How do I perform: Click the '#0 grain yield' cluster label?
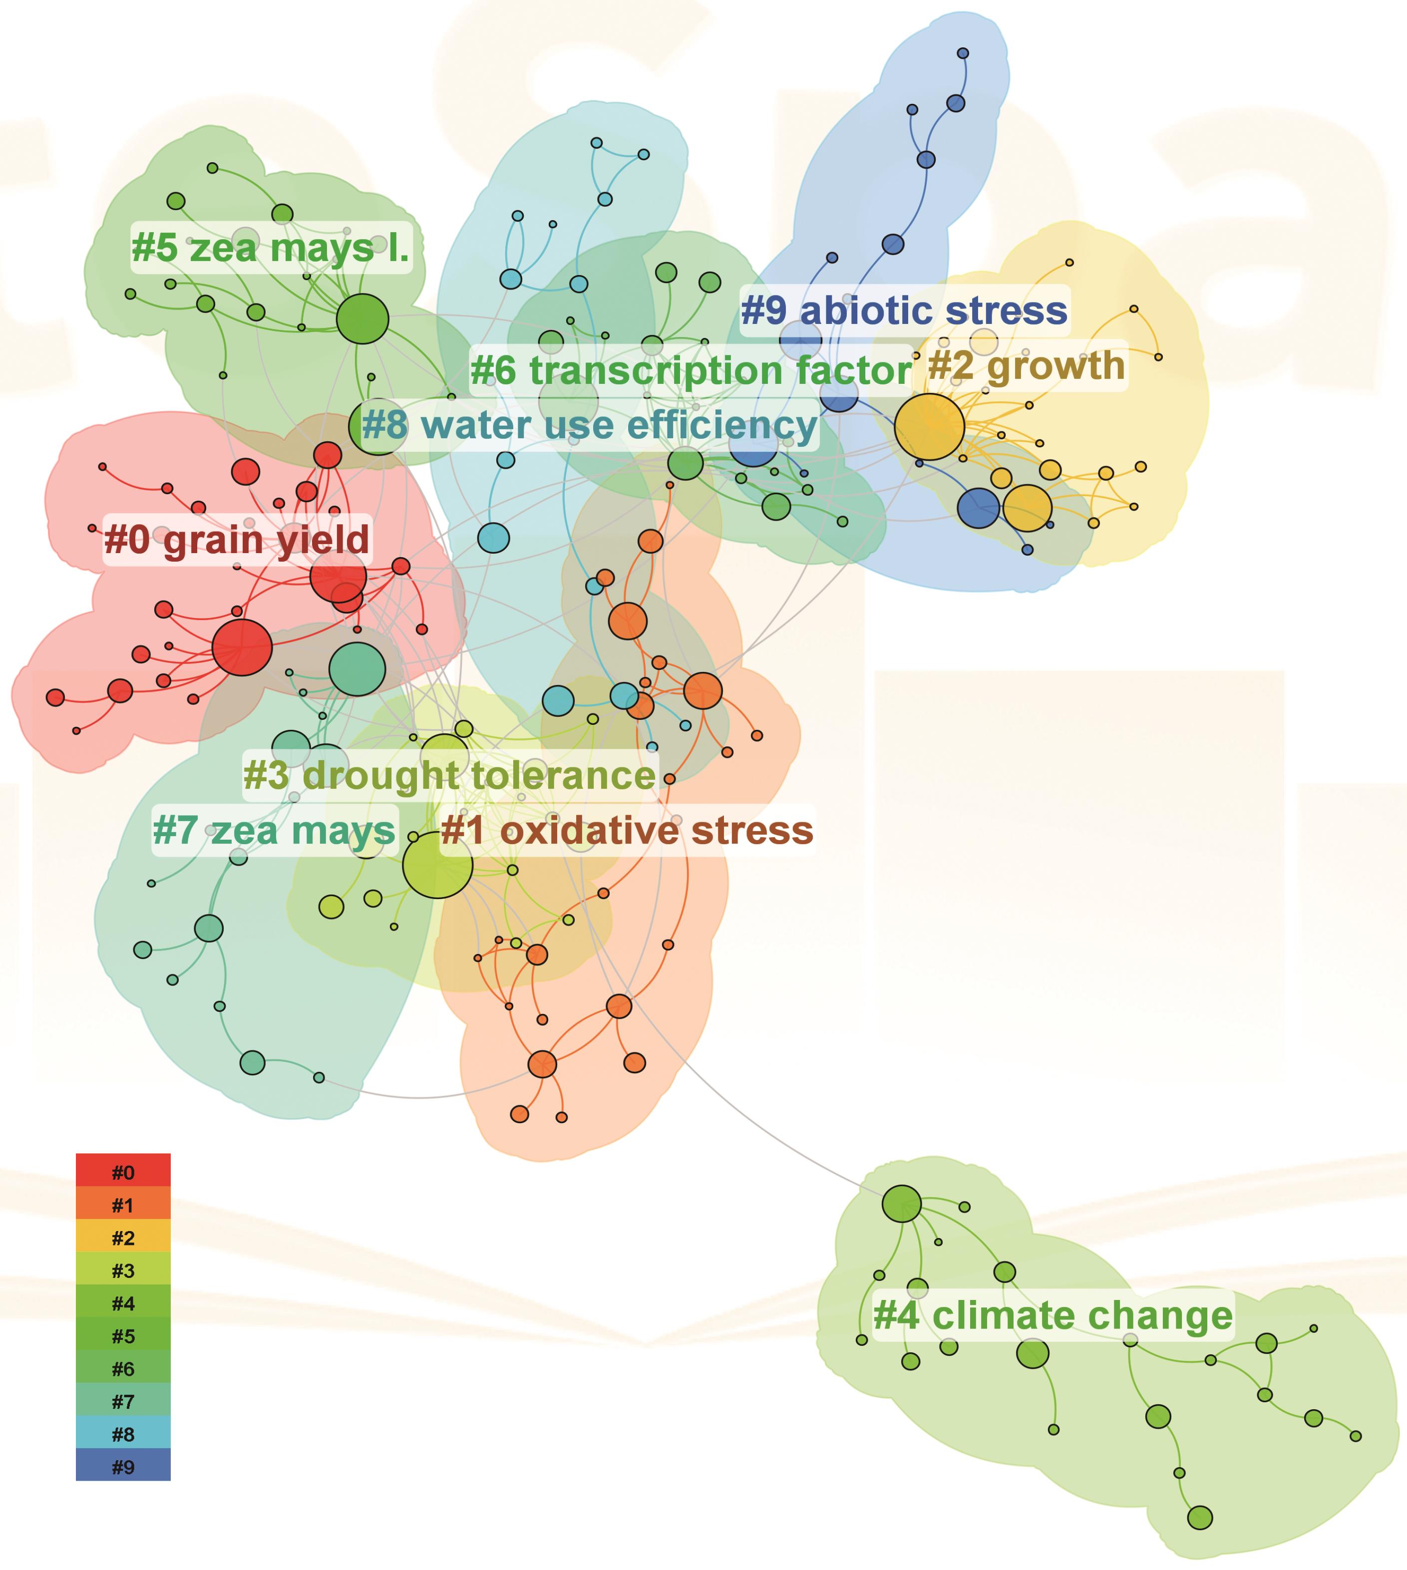[237, 540]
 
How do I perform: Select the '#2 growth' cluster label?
[1026, 365]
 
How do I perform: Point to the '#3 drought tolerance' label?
[450, 775]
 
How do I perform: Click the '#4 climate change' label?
[1053, 1315]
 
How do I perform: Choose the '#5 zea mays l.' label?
[271, 248]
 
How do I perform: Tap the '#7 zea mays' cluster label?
[275, 831]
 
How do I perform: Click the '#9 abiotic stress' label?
[905, 311]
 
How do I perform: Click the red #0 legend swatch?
[123, 1173]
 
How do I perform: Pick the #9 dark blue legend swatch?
[123, 1467]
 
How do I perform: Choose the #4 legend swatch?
[123, 1303]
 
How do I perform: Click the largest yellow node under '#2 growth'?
[929, 427]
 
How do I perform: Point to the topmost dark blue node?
[963, 53]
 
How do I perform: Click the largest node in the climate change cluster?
[901, 1204]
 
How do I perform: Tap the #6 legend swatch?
[123, 1369]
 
